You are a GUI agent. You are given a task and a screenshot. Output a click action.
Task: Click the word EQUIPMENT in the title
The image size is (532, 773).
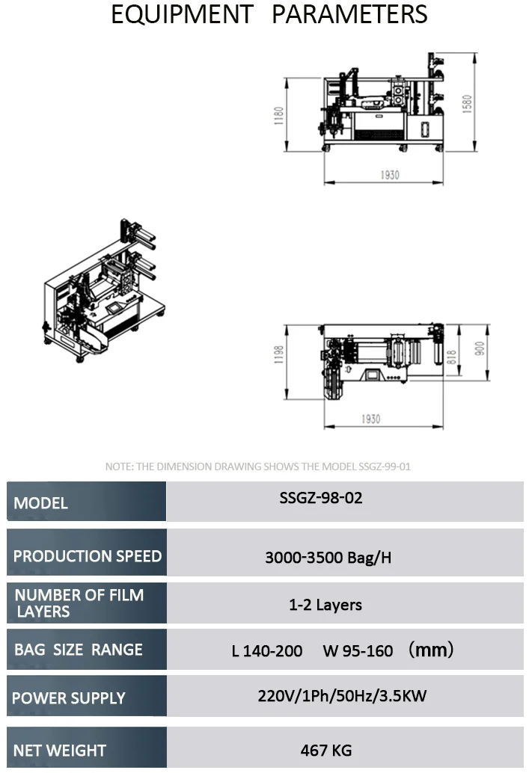(182, 14)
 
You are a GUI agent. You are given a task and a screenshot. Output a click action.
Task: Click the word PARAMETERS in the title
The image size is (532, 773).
(349, 14)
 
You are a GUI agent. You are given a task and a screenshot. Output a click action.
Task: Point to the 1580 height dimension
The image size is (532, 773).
(468, 104)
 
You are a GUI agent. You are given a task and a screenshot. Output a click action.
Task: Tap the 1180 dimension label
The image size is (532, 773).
(279, 115)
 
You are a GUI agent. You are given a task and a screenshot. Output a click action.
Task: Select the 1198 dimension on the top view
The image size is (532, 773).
(279, 354)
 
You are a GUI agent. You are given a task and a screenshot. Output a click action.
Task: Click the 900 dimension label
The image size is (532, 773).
(480, 348)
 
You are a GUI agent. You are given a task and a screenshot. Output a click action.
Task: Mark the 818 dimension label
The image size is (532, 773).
(451, 357)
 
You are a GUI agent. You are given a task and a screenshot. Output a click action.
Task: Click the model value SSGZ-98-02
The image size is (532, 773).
(321, 498)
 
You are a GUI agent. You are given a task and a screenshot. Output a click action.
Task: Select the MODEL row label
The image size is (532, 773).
(41, 503)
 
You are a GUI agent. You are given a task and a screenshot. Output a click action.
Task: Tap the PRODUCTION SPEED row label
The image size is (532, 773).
(88, 556)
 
